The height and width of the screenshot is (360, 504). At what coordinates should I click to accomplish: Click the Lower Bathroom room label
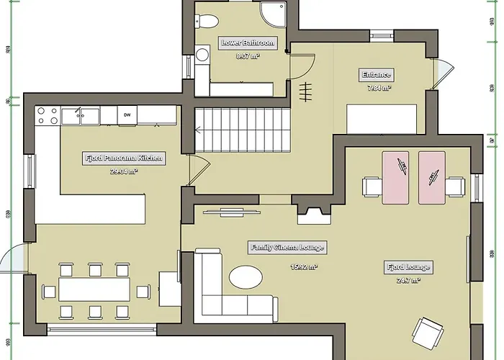point(241,43)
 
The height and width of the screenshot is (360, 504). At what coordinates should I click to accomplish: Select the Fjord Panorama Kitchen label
point(124,158)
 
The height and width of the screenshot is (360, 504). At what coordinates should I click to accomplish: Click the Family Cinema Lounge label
point(287,248)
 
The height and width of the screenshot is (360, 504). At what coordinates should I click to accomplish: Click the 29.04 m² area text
point(124,171)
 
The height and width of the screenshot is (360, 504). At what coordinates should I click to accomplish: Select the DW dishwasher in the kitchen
point(127,114)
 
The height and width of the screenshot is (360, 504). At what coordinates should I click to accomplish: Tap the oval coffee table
point(246,277)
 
